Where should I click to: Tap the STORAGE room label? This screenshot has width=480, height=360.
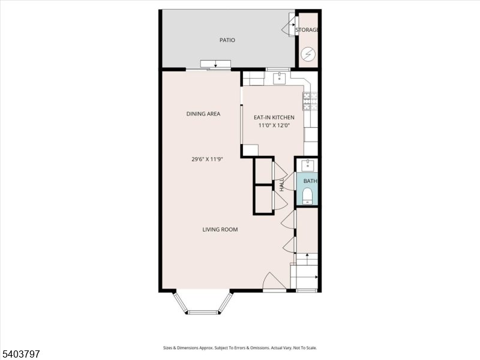tap(307, 30)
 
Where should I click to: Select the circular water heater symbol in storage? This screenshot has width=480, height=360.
tap(308, 54)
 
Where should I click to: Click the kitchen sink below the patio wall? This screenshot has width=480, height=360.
tap(280, 78)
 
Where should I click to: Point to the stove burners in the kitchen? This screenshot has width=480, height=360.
tap(310, 102)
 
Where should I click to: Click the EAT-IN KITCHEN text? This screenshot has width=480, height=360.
tap(274, 118)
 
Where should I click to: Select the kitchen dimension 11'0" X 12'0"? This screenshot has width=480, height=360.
tap(274, 126)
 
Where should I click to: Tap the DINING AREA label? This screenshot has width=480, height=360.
tap(203, 113)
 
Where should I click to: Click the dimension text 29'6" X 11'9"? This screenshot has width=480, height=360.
tap(203, 160)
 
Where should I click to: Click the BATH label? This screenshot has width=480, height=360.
tap(310, 181)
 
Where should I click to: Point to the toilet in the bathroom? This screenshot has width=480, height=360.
tap(307, 196)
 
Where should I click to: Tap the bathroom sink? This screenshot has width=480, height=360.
tap(307, 164)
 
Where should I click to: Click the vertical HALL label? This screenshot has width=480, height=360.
tap(281, 184)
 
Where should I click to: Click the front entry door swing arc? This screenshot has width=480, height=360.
tap(270, 281)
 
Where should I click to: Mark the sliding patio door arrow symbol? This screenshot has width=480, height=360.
tap(215, 64)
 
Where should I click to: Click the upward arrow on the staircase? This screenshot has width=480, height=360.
tap(307, 257)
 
